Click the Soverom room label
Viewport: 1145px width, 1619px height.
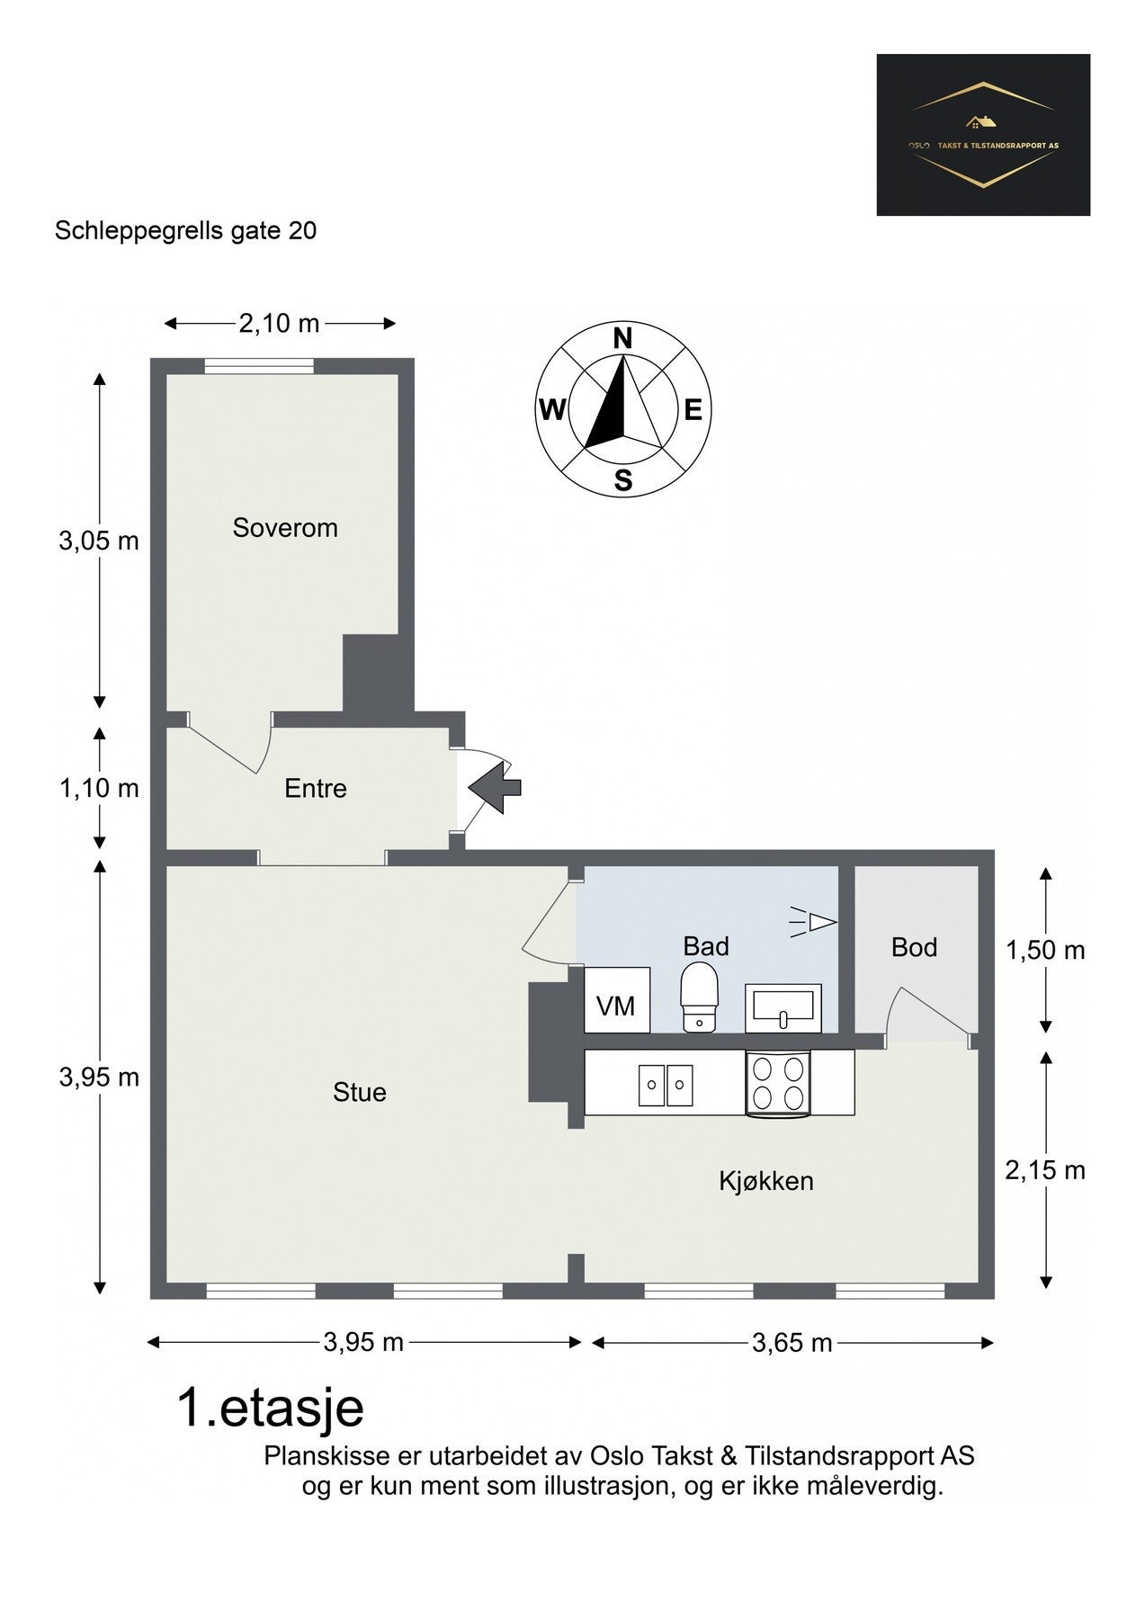click(285, 528)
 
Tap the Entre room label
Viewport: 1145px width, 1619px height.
click(316, 789)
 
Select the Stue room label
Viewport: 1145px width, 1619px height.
click(360, 1093)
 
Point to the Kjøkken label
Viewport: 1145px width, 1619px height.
click(766, 1181)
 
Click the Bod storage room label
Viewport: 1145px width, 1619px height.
click(915, 947)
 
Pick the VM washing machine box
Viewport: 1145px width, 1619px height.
click(617, 1000)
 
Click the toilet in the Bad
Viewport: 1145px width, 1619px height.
click(699, 997)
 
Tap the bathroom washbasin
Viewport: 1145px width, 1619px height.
click(783, 1007)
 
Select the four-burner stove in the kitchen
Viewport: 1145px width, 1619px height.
click(779, 1084)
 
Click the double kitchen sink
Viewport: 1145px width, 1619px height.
click(666, 1085)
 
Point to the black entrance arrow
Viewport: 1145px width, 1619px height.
click(496, 787)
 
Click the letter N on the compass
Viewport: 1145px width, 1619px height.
click(622, 338)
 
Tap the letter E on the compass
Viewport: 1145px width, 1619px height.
click(693, 411)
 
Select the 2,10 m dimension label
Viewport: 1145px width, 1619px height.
click(279, 324)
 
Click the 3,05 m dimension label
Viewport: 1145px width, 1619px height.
click(99, 541)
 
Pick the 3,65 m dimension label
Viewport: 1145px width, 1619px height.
click(792, 1343)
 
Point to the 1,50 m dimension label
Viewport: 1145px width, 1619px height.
click(1045, 951)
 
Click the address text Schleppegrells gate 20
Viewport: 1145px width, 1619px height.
click(186, 231)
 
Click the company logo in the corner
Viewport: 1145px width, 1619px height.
click(983, 135)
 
